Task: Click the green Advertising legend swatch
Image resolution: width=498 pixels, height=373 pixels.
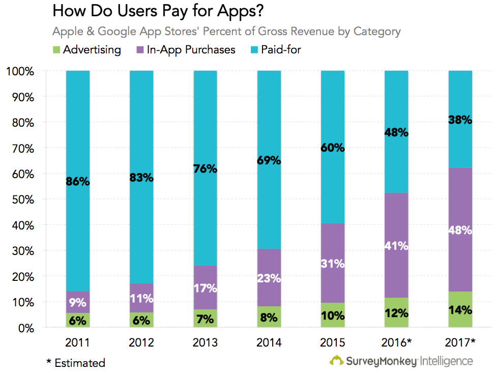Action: (x=56, y=50)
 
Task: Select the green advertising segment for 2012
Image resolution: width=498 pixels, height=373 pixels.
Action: (x=141, y=320)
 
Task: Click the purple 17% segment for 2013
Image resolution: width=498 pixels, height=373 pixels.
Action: (x=206, y=288)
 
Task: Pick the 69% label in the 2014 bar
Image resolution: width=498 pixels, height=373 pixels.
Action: (x=269, y=161)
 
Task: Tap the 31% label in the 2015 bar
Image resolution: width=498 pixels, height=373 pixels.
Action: (x=333, y=264)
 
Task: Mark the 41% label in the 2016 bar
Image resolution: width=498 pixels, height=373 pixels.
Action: (x=396, y=245)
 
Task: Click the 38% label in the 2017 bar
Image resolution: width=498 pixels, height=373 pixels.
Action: (x=460, y=121)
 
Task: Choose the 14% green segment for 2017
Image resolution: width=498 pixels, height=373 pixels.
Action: (x=460, y=309)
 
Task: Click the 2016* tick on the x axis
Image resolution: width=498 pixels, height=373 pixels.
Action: (x=396, y=341)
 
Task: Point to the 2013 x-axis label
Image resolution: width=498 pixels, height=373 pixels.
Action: (x=206, y=341)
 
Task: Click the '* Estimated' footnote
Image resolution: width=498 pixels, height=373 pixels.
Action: (x=76, y=363)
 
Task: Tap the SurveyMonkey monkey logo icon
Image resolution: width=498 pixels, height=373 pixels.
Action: (x=337, y=361)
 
